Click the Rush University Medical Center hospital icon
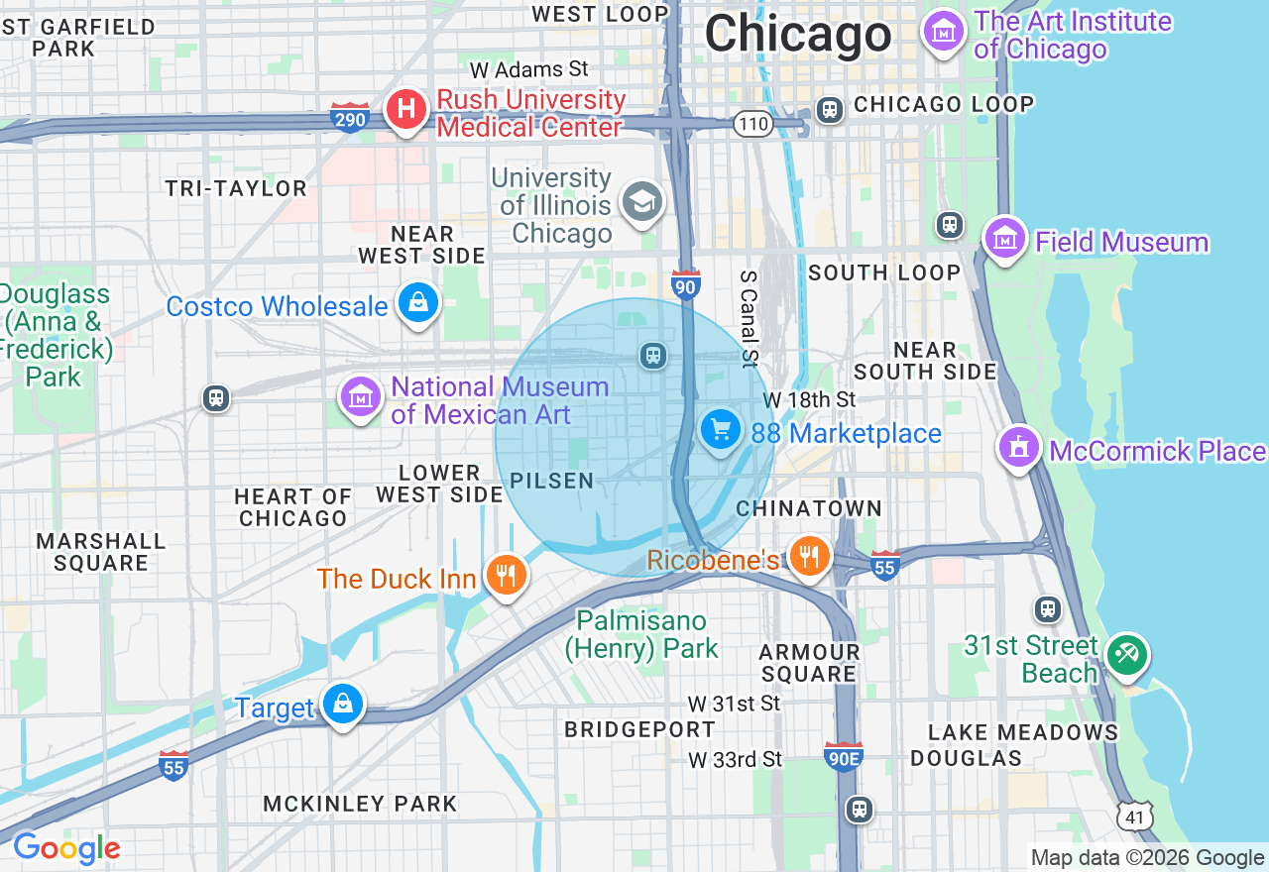405,109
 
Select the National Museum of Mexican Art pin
361,397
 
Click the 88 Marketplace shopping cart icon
721,430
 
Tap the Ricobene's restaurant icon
810,557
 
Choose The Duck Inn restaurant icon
506,575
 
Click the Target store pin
343,705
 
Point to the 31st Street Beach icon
1127,655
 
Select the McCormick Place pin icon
1018,448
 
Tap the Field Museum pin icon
1005,239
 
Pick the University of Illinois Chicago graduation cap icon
641,203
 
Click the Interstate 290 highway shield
350,118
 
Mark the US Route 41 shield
1133,816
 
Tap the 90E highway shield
843,757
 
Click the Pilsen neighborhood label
551,482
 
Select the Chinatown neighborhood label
809,508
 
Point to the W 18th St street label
809,399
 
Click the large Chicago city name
798,35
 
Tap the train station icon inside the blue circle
652,355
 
